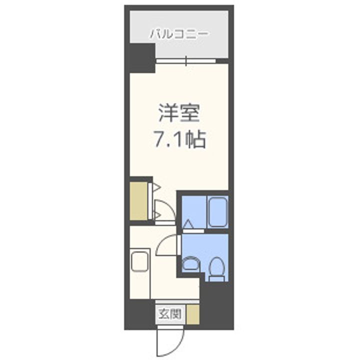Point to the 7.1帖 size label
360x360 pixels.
[179, 140]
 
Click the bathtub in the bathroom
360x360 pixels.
[217, 212]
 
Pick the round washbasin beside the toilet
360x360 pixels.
[190, 263]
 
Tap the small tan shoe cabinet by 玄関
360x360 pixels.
[193, 313]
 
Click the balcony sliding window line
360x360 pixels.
[185, 61]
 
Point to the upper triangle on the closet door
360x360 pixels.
[155, 188]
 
